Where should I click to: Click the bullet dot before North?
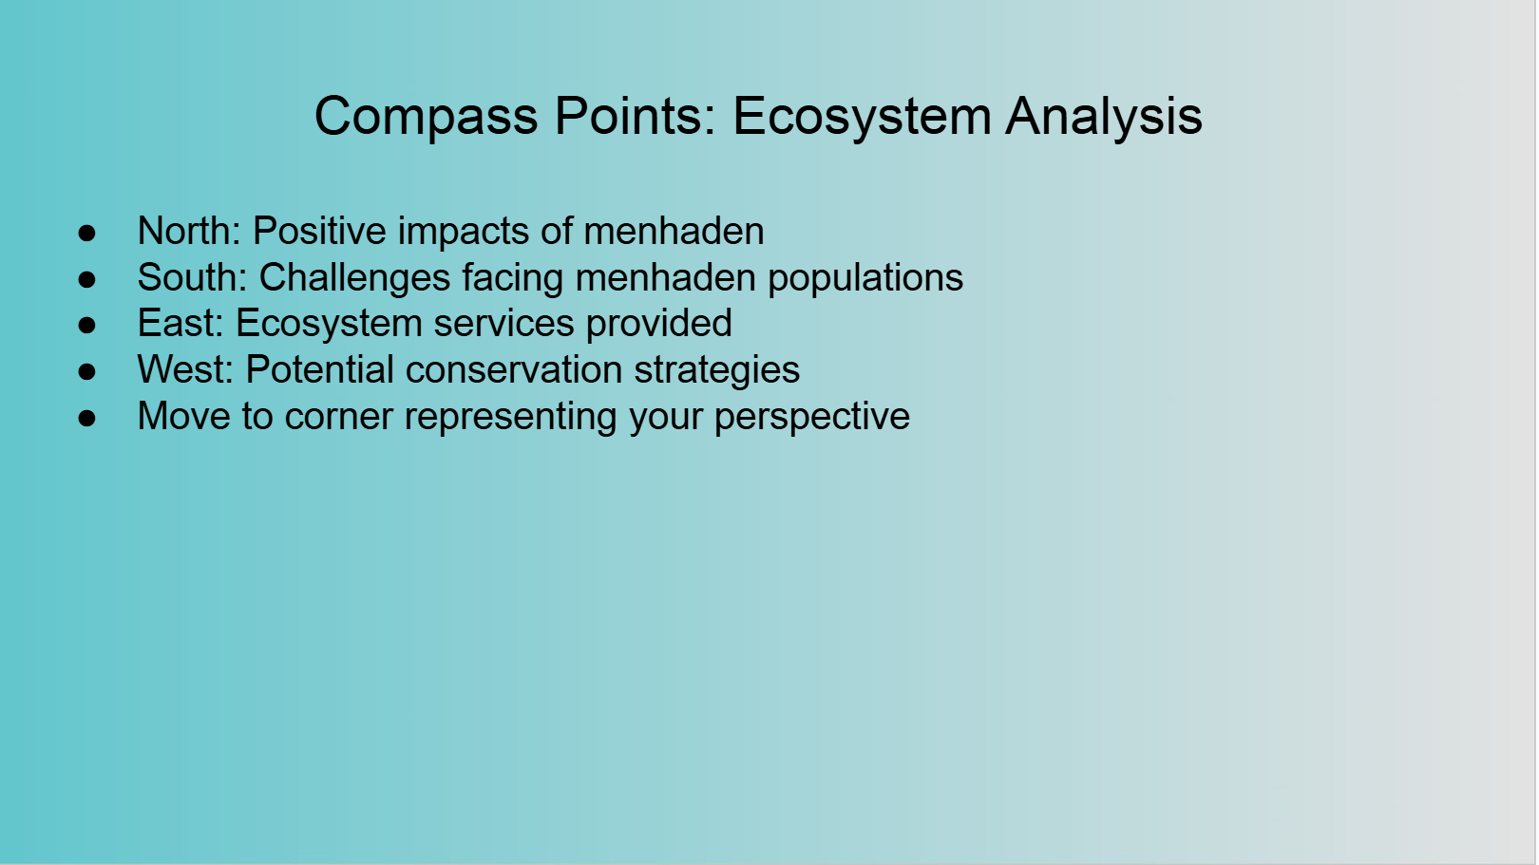pos(86,233)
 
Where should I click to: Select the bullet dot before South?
pos(86,279)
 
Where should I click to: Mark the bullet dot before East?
pos(86,326)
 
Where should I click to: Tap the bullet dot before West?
pos(86,372)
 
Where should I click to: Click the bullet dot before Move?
pos(86,418)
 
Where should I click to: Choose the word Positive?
pos(319,230)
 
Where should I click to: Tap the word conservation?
pos(514,369)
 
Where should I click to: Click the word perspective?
pos(812,418)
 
